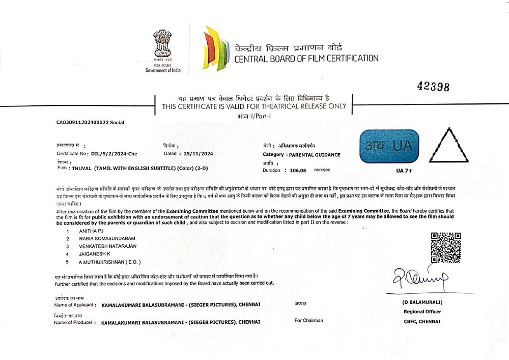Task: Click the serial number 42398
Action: coord(433,87)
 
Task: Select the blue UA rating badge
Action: coord(389,147)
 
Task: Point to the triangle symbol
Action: coord(449,147)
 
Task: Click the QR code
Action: coord(446,247)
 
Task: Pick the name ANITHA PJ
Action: coord(90,231)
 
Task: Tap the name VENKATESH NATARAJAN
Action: coord(107,246)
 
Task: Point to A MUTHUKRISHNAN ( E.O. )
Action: coord(109,262)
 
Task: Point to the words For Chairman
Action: coord(308,320)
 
